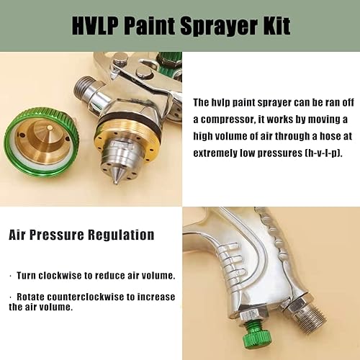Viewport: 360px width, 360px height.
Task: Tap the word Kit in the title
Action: [x=274, y=27]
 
